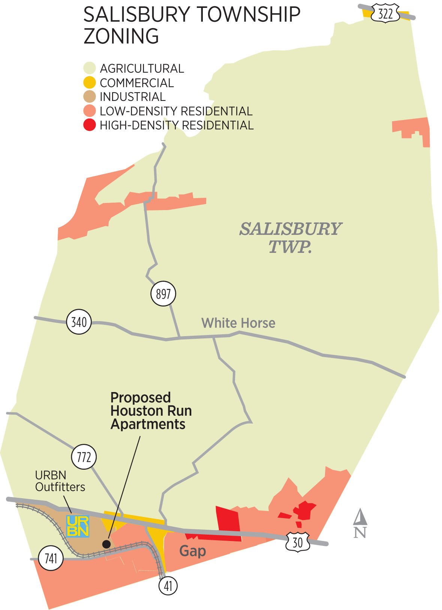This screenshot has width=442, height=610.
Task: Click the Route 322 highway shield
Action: (385, 14)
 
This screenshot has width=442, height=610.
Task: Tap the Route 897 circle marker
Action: (163, 294)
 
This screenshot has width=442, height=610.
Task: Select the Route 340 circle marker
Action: (79, 322)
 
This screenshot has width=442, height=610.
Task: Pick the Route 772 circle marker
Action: (84, 457)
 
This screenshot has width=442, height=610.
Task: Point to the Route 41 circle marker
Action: (168, 586)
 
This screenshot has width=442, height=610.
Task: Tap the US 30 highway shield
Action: (298, 542)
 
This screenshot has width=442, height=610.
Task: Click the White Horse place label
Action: (238, 323)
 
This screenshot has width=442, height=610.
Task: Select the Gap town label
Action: (193, 551)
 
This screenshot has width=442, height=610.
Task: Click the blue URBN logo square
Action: (78, 526)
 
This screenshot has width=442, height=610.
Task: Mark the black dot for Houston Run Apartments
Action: (106, 544)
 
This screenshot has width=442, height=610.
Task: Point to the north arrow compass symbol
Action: (360, 523)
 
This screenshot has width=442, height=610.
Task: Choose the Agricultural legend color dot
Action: (90, 68)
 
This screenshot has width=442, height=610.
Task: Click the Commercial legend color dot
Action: (90, 83)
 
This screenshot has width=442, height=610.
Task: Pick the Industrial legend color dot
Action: (90, 97)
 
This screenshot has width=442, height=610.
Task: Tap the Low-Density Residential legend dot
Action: (90, 111)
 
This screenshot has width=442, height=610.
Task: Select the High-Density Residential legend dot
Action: (90, 125)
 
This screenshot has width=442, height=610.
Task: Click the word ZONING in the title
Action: (121, 36)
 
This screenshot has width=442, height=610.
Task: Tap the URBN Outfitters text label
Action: (60, 481)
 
